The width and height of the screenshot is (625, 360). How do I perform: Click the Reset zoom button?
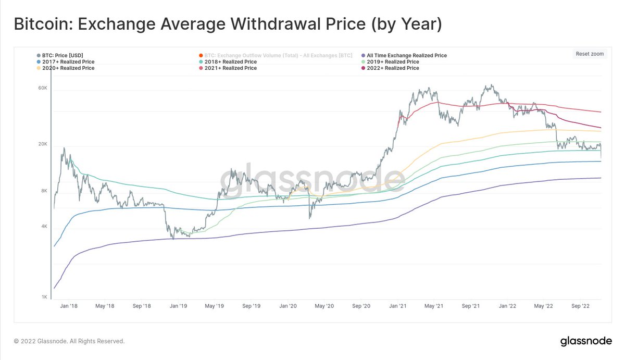pyautogui.click(x=590, y=54)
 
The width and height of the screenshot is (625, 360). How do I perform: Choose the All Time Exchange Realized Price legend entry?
pyautogui.click(x=406, y=55)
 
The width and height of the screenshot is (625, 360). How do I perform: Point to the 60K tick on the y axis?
pyautogui.click(x=43, y=89)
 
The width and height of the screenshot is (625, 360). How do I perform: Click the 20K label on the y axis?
pyautogui.click(x=43, y=145)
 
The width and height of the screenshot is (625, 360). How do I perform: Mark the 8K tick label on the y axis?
pyautogui.click(x=44, y=191)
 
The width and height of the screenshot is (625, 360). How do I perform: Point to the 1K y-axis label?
pyautogui.click(x=44, y=297)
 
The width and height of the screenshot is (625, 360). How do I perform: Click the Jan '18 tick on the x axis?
pyautogui.click(x=69, y=306)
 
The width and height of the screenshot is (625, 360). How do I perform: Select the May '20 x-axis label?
pyautogui.click(x=324, y=306)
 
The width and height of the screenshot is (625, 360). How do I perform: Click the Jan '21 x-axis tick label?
pyautogui.click(x=398, y=306)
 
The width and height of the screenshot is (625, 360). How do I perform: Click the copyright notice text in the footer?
pyautogui.click(x=69, y=341)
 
